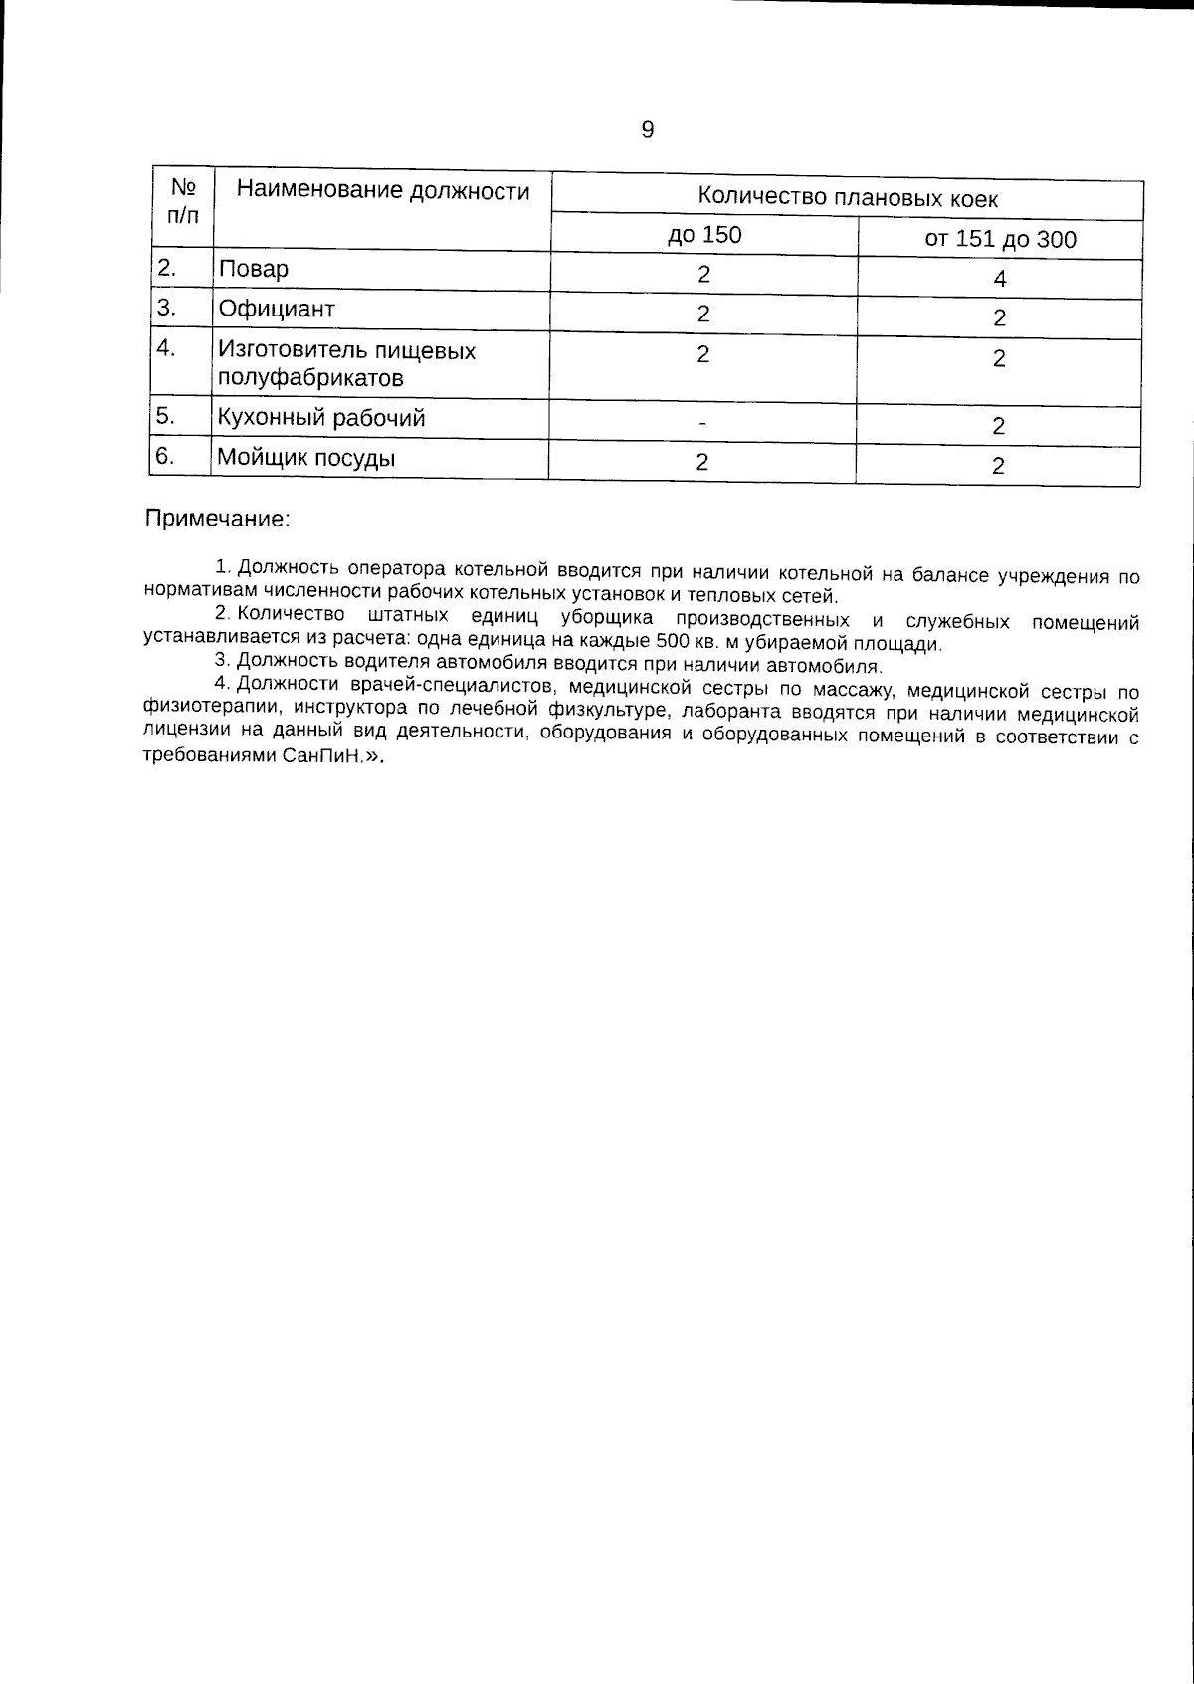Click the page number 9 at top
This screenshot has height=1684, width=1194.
coord(647,130)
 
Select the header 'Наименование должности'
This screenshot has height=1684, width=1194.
coord(383,191)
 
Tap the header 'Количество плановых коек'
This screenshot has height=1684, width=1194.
coord(847,197)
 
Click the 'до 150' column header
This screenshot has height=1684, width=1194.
coord(703,236)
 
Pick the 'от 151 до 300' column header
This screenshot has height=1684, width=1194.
coord(1000,240)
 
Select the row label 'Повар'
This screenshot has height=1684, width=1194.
coord(254,269)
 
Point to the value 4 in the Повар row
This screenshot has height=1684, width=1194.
coord(1000,280)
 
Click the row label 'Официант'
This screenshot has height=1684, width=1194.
coord(277,309)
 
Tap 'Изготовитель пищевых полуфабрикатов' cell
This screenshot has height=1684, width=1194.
coord(345,364)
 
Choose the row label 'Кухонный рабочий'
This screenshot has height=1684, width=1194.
coord(320,418)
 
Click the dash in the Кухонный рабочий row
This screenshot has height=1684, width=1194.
coord(702,424)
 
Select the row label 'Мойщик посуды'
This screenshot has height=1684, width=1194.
coord(305,459)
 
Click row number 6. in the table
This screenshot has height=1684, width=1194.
coord(167,457)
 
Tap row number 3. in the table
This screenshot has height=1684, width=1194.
coord(167,308)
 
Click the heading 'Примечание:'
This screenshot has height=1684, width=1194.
coord(218,519)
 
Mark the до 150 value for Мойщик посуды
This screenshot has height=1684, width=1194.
coord(702,462)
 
